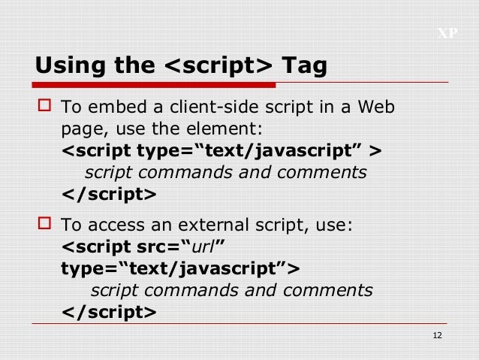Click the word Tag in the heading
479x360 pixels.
click(304, 65)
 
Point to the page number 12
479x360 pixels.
click(439, 335)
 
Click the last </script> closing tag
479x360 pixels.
click(109, 311)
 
